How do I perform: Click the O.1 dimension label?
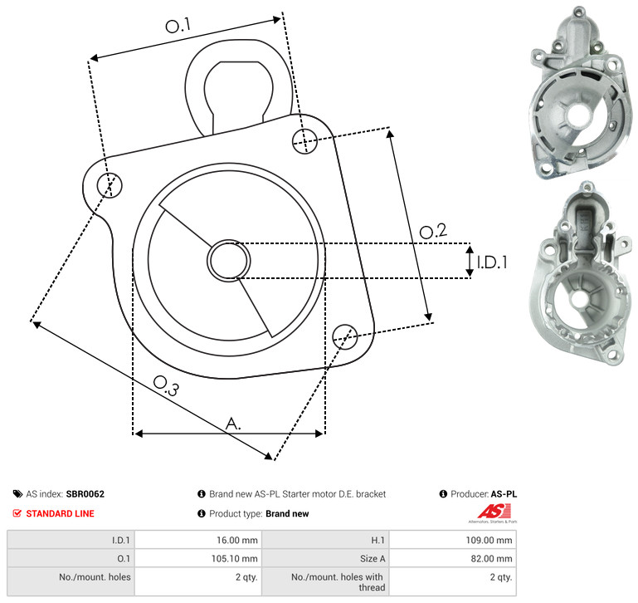178,25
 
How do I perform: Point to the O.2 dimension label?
433,231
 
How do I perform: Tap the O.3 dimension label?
166,385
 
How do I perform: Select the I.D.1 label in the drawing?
492,262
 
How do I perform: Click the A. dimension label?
233,424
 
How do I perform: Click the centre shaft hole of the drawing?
229,261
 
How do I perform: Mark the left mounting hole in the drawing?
110,185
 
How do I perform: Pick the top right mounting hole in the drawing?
304,141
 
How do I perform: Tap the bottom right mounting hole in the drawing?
345,336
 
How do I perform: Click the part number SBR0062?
85,494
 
